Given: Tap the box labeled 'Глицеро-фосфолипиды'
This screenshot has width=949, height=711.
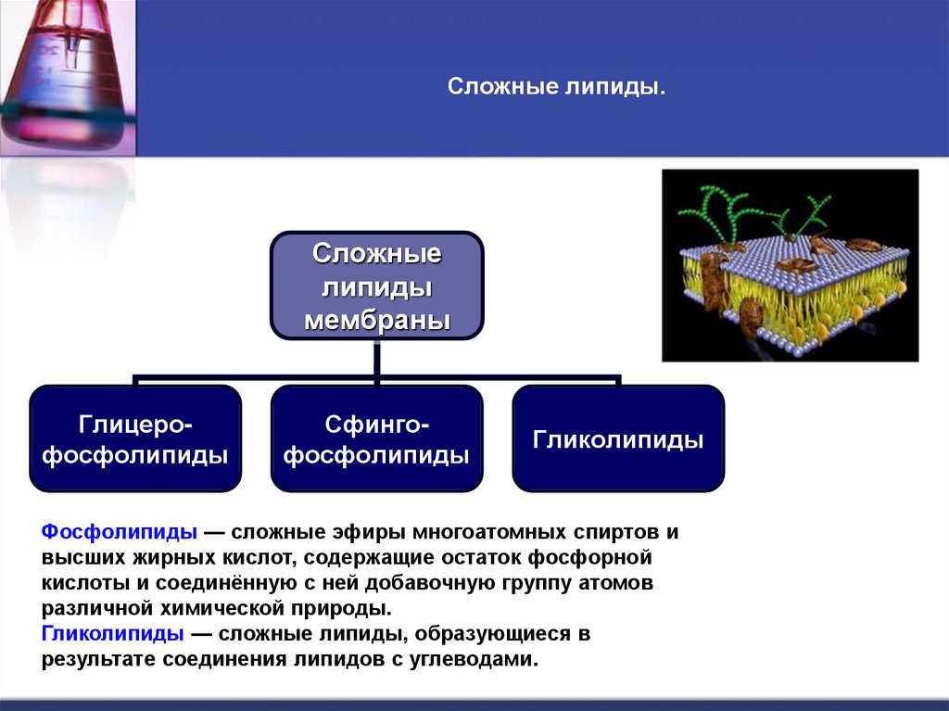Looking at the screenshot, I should coord(136,438).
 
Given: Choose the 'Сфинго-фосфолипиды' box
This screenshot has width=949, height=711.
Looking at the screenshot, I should coord(376,438).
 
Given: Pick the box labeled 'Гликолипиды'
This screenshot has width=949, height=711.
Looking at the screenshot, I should coord(618,438).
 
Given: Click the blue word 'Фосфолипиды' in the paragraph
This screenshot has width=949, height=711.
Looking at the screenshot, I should coord(120,533).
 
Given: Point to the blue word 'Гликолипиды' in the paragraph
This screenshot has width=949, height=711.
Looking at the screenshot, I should coord(112,635).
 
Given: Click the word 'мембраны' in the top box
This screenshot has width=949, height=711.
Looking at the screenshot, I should coord(376,320).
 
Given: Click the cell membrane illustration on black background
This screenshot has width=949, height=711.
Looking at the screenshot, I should coord(790,266).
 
